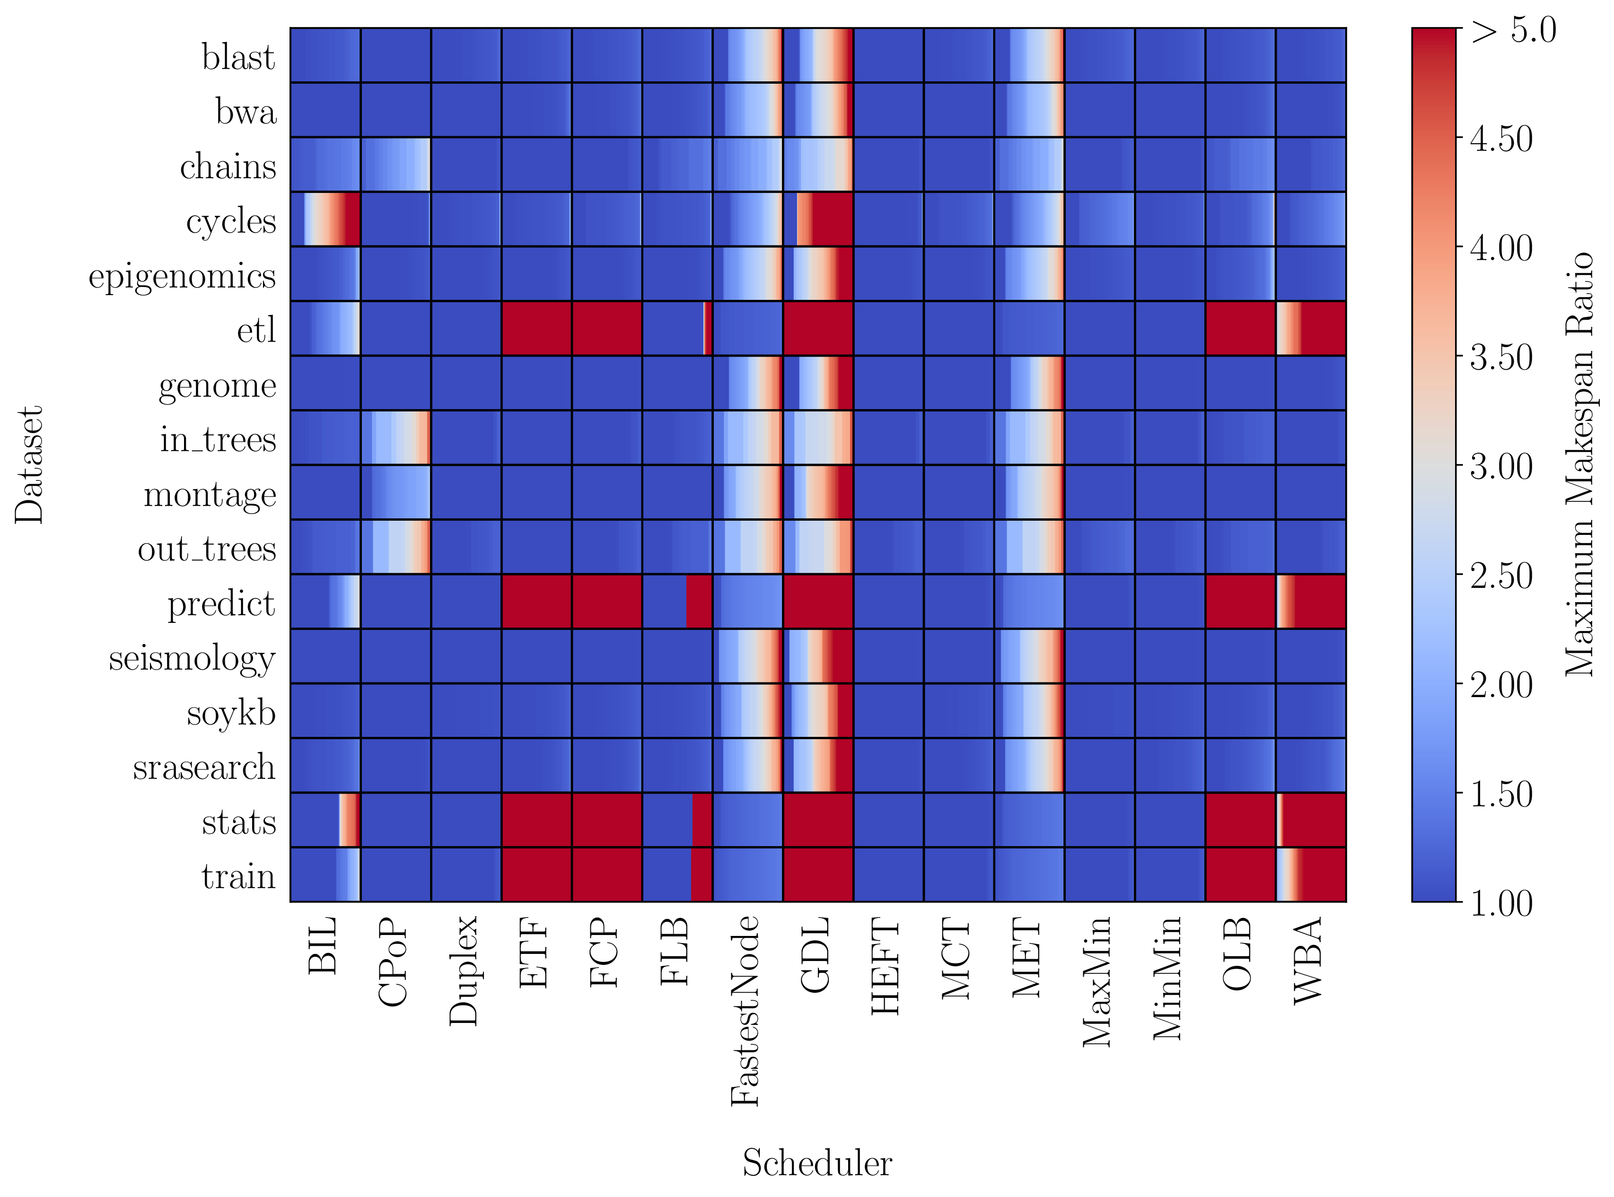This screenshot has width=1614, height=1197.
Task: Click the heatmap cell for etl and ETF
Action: [536, 328]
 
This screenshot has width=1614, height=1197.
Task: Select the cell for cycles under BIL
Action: [325, 219]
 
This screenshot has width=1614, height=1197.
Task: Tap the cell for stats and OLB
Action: [1240, 820]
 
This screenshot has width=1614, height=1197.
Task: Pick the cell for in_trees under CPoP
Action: [396, 437]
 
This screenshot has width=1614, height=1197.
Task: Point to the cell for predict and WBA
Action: [1310, 602]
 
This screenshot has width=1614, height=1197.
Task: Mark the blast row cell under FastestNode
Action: [747, 55]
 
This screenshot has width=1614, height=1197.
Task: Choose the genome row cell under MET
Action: [1028, 383]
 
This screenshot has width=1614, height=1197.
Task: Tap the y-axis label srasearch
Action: [204, 767]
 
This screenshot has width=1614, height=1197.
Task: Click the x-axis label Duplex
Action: [464, 971]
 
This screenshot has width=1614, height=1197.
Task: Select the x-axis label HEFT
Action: [886, 967]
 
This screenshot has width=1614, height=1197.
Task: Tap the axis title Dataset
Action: [30, 464]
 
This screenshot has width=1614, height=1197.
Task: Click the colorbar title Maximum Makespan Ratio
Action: [1580, 464]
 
